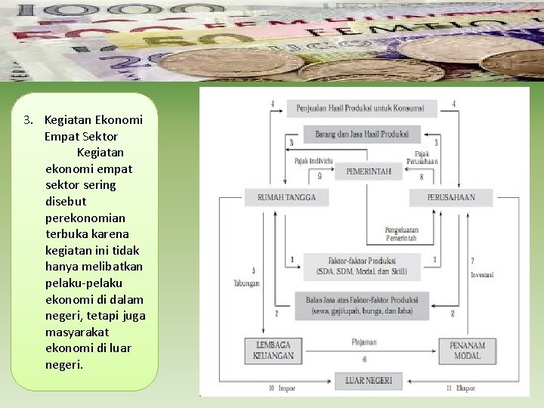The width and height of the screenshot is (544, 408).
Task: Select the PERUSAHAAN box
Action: click(452, 198)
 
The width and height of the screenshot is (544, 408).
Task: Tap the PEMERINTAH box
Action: click(369, 172)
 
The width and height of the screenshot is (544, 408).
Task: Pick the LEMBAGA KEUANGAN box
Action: click(274, 351)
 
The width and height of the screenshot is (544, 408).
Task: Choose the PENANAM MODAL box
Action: click(467, 351)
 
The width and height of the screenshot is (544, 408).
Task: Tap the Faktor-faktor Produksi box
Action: click(362, 265)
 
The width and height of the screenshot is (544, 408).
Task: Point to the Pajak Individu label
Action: click(313, 161)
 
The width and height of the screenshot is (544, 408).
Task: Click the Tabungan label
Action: click(246, 283)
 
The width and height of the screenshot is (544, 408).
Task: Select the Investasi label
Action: click(481, 275)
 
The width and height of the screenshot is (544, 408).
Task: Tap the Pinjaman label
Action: click(363, 342)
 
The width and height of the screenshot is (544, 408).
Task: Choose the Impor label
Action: click(286, 388)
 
